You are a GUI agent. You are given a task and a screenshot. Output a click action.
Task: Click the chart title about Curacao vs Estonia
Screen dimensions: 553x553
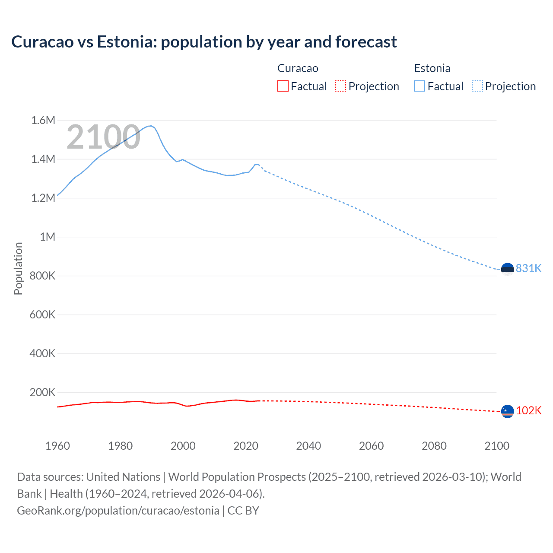(x=204, y=42)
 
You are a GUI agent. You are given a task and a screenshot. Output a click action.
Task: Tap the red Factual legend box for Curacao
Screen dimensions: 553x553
(x=283, y=86)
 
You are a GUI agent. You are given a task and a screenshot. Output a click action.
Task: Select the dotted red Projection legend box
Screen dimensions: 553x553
(x=340, y=86)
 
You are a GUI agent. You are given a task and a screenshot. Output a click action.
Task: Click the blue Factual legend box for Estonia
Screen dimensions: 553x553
(x=420, y=86)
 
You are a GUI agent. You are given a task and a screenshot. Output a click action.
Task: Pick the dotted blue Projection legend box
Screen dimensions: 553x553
(x=477, y=86)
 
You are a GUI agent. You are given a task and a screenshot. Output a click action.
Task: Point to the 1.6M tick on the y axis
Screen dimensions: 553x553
(x=43, y=120)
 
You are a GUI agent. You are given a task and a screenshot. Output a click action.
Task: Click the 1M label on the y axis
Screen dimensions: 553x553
(x=48, y=237)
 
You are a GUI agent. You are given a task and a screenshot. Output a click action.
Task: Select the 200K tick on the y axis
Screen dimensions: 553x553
(x=42, y=392)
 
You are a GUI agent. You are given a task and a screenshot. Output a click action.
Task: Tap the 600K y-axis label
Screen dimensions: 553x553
(x=42, y=315)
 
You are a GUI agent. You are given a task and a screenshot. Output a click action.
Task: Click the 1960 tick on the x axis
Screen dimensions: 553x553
(x=57, y=446)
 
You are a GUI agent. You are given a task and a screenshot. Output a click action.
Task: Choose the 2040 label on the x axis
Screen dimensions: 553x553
(x=308, y=446)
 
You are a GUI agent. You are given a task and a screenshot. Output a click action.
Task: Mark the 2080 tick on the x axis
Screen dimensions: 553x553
(x=434, y=446)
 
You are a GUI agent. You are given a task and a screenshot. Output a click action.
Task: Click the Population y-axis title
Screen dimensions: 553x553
(x=18, y=268)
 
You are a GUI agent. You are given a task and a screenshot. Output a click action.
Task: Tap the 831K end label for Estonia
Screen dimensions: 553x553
(x=528, y=268)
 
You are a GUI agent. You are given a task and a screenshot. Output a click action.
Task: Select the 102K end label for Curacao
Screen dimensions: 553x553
(x=528, y=410)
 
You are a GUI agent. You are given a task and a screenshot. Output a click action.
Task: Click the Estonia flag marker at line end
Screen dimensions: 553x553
(x=507, y=269)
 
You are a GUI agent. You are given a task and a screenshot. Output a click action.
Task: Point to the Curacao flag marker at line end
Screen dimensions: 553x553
(x=507, y=411)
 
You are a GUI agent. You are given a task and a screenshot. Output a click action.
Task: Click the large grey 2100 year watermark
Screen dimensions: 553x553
(x=103, y=137)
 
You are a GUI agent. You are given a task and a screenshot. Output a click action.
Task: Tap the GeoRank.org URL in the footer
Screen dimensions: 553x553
(x=118, y=510)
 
